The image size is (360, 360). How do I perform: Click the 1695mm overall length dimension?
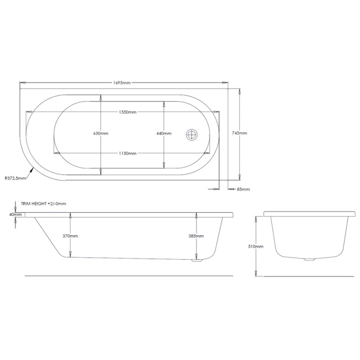(121, 83)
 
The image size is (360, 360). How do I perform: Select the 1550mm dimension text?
(127, 112)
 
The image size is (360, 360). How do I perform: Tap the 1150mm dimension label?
(127, 153)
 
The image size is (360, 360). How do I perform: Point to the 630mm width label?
(101, 133)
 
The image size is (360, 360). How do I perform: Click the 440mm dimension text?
(164, 133)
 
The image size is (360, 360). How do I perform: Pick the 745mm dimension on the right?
(240, 133)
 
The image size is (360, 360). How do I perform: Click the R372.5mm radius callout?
(15, 178)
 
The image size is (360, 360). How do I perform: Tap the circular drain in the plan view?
(192, 134)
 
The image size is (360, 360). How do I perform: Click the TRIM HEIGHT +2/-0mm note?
(43, 204)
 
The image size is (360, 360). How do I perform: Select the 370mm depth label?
(70, 236)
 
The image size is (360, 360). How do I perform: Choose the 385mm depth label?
(196, 236)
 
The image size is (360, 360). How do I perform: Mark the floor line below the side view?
(127, 275)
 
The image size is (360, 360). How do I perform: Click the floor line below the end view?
(310, 275)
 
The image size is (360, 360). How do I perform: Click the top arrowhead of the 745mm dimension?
(239, 91)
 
